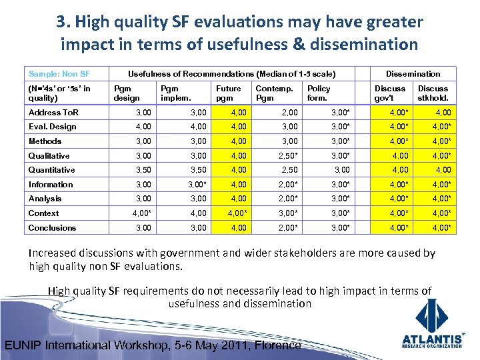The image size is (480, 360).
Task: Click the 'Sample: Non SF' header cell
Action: click(x=59, y=73)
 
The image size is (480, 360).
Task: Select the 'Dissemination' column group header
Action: click(x=413, y=73)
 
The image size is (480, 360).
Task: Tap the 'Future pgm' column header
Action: click(x=229, y=93)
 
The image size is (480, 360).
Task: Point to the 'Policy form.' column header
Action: click(x=319, y=93)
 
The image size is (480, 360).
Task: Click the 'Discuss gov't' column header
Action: click(x=390, y=93)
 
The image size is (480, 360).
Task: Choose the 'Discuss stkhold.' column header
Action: click(x=433, y=93)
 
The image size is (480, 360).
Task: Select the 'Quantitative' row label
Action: click(x=52, y=170)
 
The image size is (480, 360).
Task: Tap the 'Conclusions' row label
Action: click(x=53, y=228)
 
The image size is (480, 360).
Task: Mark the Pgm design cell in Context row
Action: click(x=141, y=213)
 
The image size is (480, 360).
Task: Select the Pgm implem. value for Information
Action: click(x=199, y=185)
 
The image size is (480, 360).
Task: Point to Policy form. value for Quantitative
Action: click(x=341, y=170)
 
